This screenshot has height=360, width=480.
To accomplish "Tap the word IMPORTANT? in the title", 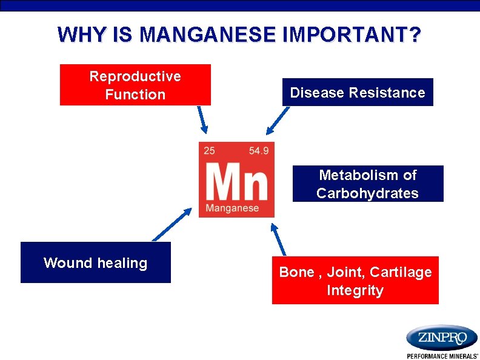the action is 352,35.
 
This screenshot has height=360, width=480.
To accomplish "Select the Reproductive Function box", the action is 135,85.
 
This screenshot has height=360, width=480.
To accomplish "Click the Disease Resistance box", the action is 358,92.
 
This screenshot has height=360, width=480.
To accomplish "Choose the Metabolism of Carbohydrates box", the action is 368,184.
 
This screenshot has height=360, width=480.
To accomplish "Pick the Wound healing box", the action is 96,262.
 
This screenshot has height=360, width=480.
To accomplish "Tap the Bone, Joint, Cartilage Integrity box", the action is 355,280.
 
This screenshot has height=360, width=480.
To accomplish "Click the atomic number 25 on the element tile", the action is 209,150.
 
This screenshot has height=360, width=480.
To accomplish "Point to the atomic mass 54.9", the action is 259,150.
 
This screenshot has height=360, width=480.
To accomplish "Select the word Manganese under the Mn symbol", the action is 232,208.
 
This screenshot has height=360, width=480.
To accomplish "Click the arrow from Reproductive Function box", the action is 202,119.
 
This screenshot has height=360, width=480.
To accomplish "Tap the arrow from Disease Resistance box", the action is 278,120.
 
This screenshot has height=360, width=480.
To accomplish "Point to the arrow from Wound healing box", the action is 171,225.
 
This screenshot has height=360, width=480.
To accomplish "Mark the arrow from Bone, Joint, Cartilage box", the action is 278,238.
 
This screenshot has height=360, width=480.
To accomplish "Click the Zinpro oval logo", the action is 442,337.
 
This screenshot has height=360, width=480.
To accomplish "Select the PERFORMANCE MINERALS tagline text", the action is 442,356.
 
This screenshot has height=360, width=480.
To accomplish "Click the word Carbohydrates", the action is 367,193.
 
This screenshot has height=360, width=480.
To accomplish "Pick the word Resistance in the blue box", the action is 395,93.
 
